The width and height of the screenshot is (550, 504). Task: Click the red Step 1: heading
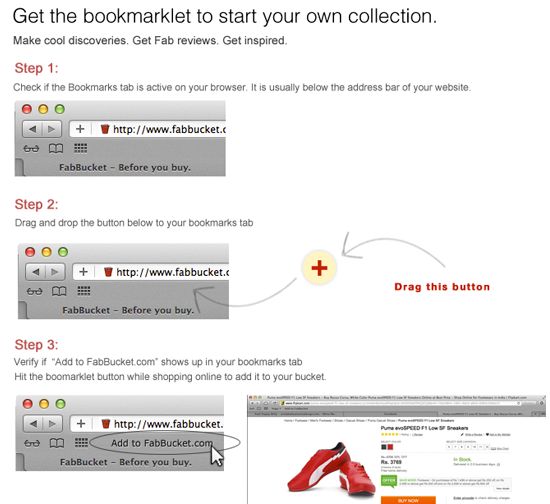[37, 68]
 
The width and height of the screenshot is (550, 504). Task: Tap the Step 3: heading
[37, 343]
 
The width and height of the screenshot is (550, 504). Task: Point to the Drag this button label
[441, 287]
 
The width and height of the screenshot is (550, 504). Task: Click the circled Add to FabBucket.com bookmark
[161, 443]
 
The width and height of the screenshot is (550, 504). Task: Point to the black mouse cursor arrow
[217, 455]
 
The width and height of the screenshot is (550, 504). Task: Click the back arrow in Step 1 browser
[35, 129]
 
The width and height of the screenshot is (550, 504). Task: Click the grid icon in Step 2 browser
[84, 291]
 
